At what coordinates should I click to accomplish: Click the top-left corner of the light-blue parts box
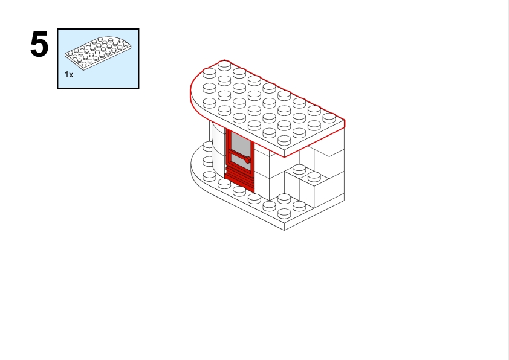click(x=57, y=29)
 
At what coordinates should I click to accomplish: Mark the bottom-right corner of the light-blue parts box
click(x=139, y=88)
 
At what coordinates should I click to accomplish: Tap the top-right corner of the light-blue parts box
click(x=139, y=29)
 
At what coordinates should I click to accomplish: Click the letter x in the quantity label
click(x=71, y=75)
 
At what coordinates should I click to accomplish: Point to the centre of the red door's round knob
click(x=247, y=160)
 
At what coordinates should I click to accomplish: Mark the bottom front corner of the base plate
click(x=284, y=230)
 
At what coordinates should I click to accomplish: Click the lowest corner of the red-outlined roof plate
click(x=284, y=157)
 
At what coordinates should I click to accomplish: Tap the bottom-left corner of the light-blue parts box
click(x=57, y=88)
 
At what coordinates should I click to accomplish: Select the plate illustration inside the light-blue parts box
click(x=98, y=54)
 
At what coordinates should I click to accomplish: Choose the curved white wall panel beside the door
click(x=218, y=146)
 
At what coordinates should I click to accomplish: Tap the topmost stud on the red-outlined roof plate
click(x=224, y=65)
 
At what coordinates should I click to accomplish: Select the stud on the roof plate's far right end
click(x=329, y=117)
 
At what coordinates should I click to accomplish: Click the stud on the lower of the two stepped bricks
click(x=314, y=176)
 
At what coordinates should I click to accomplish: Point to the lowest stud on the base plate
click(x=284, y=213)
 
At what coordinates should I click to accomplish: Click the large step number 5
click(x=39, y=44)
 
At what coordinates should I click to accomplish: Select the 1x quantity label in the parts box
click(x=69, y=75)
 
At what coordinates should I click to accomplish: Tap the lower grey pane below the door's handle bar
click(x=241, y=162)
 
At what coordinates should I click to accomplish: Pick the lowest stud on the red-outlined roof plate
click(x=284, y=140)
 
